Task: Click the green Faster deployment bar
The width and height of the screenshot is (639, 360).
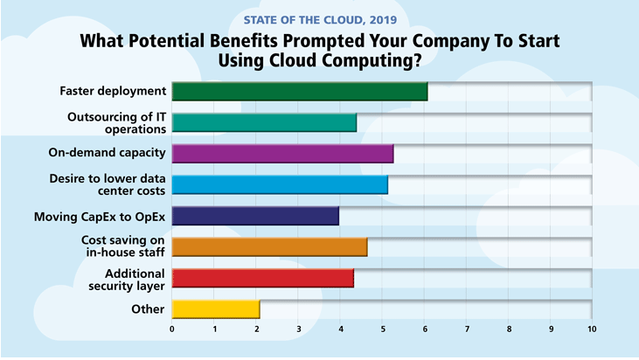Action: click(x=299, y=91)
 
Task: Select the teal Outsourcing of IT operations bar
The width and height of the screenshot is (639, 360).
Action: click(x=264, y=122)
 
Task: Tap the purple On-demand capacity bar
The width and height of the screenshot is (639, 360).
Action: click(x=282, y=153)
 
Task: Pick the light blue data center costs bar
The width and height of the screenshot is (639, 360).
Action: click(x=280, y=184)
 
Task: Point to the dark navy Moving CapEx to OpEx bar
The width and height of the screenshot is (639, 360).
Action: click(x=255, y=216)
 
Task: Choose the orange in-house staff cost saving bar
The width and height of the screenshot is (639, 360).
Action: click(x=269, y=246)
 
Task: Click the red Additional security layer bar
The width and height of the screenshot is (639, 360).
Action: click(x=262, y=278)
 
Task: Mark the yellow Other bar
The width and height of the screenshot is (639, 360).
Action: click(x=216, y=308)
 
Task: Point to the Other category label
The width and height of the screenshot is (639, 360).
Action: click(x=147, y=308)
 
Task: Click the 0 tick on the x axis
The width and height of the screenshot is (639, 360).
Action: click(x=172, y=329)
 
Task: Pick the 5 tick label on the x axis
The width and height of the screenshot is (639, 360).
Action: click(x=383, y=329)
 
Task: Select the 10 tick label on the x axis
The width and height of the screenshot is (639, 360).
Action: click(x=592, y=329)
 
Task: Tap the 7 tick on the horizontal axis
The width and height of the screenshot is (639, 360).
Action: click(x=467, y=329)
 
